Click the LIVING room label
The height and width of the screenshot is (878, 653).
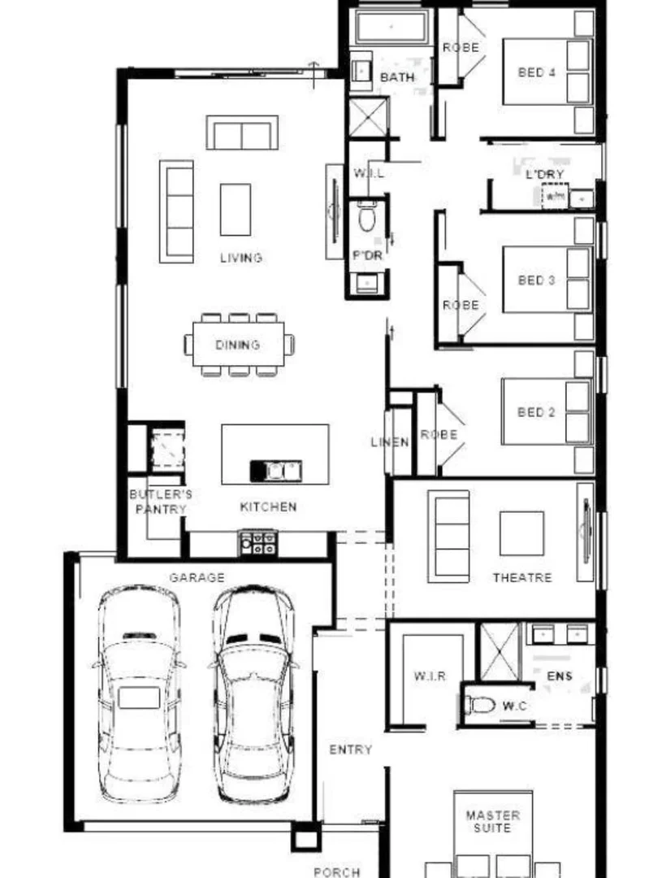pyautogui.click(x=240, y=258)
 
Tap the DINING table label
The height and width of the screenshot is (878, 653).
pyautogui.click(x=238, y=345)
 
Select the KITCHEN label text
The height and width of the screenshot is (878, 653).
pyautogui.click(x=268, y=506)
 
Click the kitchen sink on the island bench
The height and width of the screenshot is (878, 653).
pyautogui.click(x=276, y=470)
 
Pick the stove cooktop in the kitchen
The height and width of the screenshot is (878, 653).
pyautogui.click(x=258, y=542)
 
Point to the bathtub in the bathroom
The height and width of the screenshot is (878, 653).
pyautogui.click(x=391, y=28)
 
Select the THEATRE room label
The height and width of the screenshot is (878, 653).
pyautogui.click(x=522, y=578)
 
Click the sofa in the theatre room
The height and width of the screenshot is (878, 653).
pyautogui.click(x=448, y=536)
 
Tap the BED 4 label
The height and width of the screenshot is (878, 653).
pyautogui.click(x=537, y=72)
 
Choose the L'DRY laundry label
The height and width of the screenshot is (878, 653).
pyautogui.click(x=545, y=174)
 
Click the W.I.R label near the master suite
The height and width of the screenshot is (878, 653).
pyautogui.click(x=430, y=676)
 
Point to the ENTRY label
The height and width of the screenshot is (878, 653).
pyautogui.click(x=350, y=750)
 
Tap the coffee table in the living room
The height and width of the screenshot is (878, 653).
pyautogui.click(x=236, y=210)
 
